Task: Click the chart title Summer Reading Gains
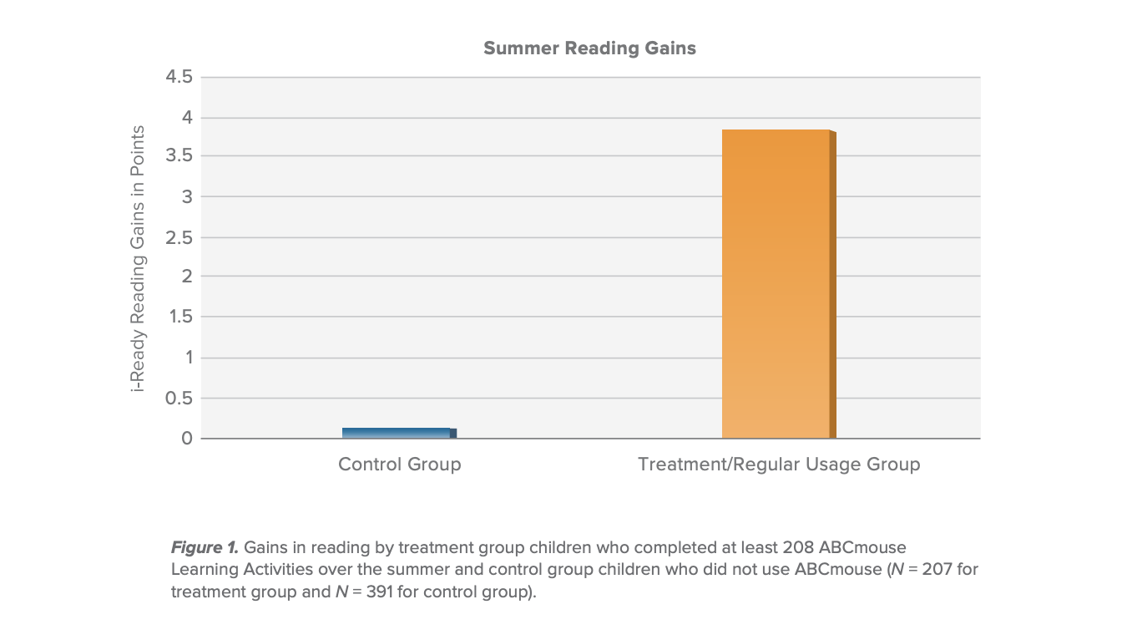pos(589,48)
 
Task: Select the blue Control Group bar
pos(398,433)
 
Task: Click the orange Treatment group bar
pos(777,284)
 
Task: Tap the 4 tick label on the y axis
pos(187,118)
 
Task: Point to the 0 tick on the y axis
pos(187,439)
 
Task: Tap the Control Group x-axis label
pos(399,465)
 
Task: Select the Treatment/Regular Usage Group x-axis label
pos(779,465)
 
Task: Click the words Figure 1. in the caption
pos(205,548)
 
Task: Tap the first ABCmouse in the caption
pos(866,548)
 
